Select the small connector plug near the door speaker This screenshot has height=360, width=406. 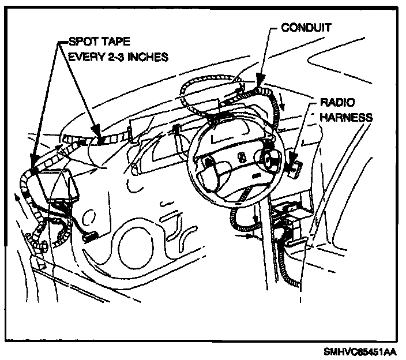[89, 236]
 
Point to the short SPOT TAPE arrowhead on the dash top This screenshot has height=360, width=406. [99, 138]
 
